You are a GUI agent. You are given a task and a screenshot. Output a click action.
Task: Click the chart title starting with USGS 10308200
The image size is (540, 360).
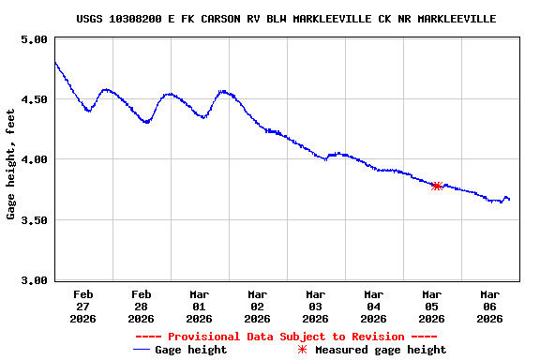pos(286,19)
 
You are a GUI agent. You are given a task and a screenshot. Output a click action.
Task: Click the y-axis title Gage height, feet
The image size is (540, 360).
pos(11,160)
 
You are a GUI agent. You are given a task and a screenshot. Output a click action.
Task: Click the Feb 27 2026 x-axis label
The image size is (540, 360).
pos(82,306)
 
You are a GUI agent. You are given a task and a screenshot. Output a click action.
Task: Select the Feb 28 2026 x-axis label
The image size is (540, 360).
pos(141,306)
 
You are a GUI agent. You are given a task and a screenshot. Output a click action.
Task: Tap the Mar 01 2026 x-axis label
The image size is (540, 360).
pos(199,306)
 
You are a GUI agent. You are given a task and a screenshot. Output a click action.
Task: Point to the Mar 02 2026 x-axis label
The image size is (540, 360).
pos(257,306)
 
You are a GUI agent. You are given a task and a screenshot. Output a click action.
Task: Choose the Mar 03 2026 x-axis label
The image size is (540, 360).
pos(315,306)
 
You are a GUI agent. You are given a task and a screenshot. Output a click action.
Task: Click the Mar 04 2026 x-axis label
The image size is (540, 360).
pos(373,306)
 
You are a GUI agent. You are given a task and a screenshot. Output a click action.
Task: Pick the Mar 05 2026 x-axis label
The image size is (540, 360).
pos(431,306)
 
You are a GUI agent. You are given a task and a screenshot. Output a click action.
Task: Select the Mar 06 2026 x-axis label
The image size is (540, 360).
pos(489,306)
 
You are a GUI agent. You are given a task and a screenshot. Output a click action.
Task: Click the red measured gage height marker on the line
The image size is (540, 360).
pos(436,186)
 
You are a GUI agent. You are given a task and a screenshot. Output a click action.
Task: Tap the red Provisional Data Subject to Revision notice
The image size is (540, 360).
pos(286,337)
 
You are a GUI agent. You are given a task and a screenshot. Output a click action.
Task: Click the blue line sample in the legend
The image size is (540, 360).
pos(142,350)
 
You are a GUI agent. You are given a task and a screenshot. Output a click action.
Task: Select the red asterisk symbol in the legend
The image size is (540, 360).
pos(302,350)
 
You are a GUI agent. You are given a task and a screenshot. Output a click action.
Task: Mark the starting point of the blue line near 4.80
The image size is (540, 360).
pos(55,63)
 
